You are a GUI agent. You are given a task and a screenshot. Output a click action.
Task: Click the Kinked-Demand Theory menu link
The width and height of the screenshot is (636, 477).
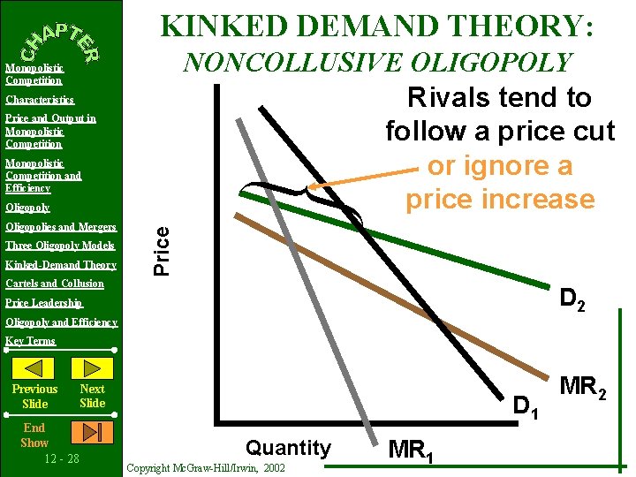click(x=61, y=265)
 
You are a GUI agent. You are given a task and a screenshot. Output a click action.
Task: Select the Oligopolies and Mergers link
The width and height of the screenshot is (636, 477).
click(x=61, y=227)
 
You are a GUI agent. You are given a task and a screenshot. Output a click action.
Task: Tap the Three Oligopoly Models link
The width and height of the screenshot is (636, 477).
click(x=60, y=246)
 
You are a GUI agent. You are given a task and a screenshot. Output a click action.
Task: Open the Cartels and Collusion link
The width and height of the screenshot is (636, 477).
click(x=55, y=284)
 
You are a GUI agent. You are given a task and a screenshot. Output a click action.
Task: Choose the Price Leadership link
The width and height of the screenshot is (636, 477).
click(x=44, y=303)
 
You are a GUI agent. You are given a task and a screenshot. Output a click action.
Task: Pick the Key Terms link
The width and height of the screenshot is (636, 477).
click(x=30, y=341)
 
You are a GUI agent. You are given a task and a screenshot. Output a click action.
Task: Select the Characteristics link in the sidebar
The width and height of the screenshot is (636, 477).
click(x=40, y=100)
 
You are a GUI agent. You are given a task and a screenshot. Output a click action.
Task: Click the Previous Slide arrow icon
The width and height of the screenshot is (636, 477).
click(x=34, y=367)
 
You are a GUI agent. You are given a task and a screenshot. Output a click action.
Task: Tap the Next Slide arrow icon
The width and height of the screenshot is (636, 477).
click(x=91, y=367)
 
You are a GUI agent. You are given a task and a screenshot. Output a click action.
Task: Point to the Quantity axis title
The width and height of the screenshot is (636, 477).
click(x=288, y=448)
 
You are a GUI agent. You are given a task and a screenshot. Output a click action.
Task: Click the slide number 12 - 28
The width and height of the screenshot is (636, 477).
click(x=61, y=458)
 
